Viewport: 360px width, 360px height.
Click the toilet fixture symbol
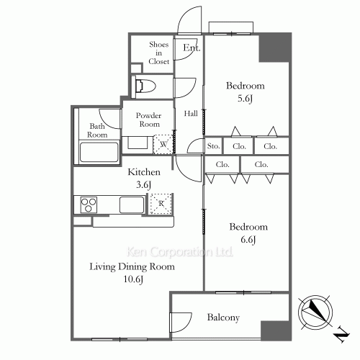pyautogui.click(x=145, y=86)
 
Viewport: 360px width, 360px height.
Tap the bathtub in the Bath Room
pyautogui.click(x=99, y=152)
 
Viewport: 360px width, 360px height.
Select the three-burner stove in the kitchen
pyautogui.click(x=89, y=204)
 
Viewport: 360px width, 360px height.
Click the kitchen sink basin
pyautogui.click(x=132, y=204)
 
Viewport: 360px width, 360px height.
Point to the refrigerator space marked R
pyautogui.click(x=161, y=204)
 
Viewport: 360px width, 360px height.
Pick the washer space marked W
pyautogui.click(x=163, y=144)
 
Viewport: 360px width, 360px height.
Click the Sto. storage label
pyautogui.click(x=213, y=145)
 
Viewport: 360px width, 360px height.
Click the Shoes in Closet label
pyautogui.click(x=158, y=53)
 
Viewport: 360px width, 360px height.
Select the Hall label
pyautogui.click(x=191, y=113)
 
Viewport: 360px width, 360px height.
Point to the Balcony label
pyautogui.click(x=223, y=318)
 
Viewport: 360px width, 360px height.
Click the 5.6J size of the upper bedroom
pyautogui.click(x=245, y=99)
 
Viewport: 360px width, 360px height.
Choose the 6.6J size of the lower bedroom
pyautogui.click(x=248, y=240)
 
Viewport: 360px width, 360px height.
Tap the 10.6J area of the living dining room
pyautogui.click(x=133, y=279)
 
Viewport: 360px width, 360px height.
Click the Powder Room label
pyautogui.click(x=149, y=120)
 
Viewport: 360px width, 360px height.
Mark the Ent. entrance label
pyautogui.click(x=192, y=48)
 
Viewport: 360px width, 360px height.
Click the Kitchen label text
pyautogui.click(x=144, y=172)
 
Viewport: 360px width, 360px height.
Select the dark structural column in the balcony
pyautogui.click(x=276, y=330)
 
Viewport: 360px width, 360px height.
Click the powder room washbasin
pyautogui.click(x=138, y=143)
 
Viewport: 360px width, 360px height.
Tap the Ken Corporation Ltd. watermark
pyautogui.click(x=179, y=252)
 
